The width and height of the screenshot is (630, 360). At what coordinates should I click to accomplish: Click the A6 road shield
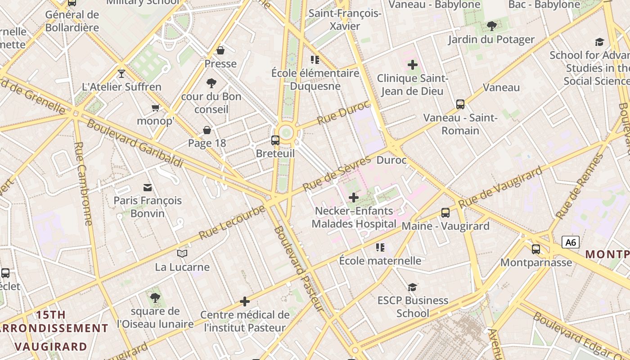click(x=571, y=243)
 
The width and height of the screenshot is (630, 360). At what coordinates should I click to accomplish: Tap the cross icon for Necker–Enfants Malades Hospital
click(x=354, y=197)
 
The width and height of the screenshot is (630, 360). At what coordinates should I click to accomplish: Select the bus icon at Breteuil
click(x=275, y=140)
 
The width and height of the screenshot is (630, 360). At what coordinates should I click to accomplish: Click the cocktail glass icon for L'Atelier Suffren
click(x=121, y=73)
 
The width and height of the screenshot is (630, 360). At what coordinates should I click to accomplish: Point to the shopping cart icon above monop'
click(x=155, y=108)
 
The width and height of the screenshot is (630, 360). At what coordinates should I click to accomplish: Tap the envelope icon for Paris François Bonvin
click(x=148, y=187)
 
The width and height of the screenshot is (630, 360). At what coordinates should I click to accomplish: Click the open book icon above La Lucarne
click(x=182, y=254)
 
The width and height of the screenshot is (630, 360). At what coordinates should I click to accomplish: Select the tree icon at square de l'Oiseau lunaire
click(x=155, y=297)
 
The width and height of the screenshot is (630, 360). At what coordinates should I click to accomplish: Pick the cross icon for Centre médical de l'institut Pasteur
click(x=245, y=301)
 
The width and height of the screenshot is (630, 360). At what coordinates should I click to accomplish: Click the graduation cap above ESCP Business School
click(x=412, y=287)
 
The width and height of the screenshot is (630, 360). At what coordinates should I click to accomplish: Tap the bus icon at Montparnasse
click(x=536, y=249)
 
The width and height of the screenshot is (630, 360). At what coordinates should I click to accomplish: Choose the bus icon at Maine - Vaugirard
click(x=445, y=213)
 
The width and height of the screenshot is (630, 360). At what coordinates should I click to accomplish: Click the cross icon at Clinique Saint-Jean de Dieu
click(x=412, y=65)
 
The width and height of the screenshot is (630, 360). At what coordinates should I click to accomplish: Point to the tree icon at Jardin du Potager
click(x=491, y=26)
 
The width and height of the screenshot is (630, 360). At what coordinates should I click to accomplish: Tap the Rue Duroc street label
click(x=343, y=113)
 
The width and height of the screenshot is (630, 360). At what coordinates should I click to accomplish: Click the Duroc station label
click(x=391, y=160)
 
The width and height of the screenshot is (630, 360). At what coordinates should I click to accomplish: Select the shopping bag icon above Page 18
click(x=207, y=130)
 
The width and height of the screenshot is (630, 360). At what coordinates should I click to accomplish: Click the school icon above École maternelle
click(x=380, y=247)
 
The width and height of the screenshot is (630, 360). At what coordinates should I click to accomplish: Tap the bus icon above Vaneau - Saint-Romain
click(x=460, y=104)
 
